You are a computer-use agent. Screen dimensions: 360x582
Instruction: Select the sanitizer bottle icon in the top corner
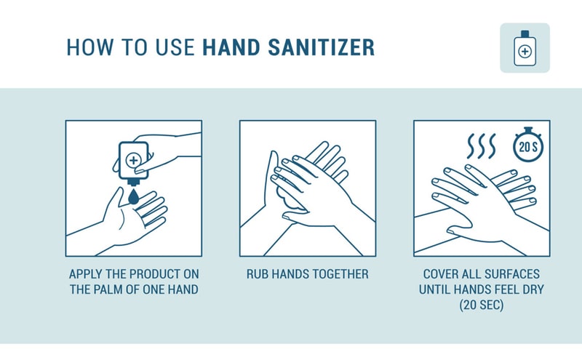(x=525, y=48)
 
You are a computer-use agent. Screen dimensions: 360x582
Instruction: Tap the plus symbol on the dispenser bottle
(x=134, y=159)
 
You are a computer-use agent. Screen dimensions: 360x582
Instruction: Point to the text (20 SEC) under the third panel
(x=482, y=305)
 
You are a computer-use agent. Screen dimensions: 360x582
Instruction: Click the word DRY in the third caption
(x=533, y=289)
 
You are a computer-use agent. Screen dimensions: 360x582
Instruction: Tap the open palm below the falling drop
(x=129, y=217)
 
